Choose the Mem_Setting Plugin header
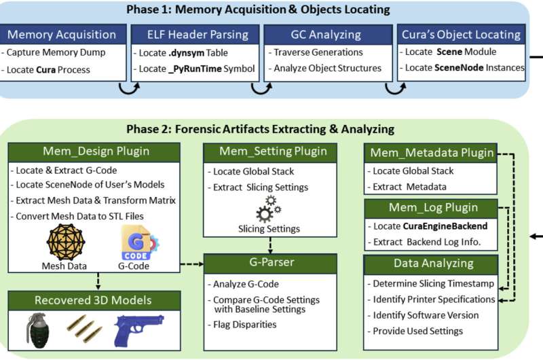[272, 151]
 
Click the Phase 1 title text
[258, 10]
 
